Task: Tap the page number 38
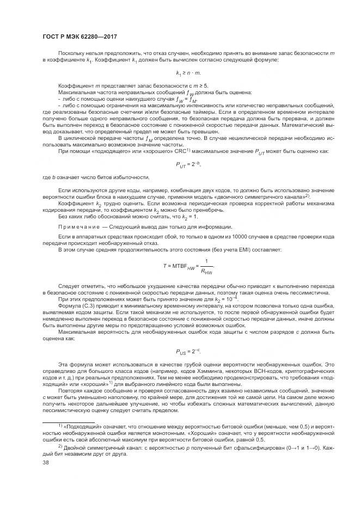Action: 46,462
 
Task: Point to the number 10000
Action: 212,238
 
